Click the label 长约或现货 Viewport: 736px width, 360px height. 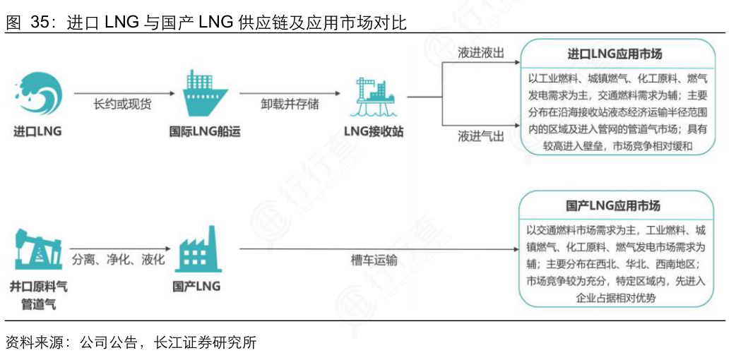click(x=122, y=104)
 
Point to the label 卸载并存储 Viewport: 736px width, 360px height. click(x=290, y=104)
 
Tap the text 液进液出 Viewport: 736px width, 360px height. click(x=481, y=54)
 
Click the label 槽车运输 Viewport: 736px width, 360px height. click(x=374, y=260)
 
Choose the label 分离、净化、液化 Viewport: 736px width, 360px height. click(x=119, y=259)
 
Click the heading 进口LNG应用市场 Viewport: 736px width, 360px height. click(x=615, y=54)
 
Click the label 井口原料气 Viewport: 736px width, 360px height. click(x=39, y=287)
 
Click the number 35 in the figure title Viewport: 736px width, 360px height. click(x=42, y=23)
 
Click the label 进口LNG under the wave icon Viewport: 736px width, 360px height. click(x=38, y=131)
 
